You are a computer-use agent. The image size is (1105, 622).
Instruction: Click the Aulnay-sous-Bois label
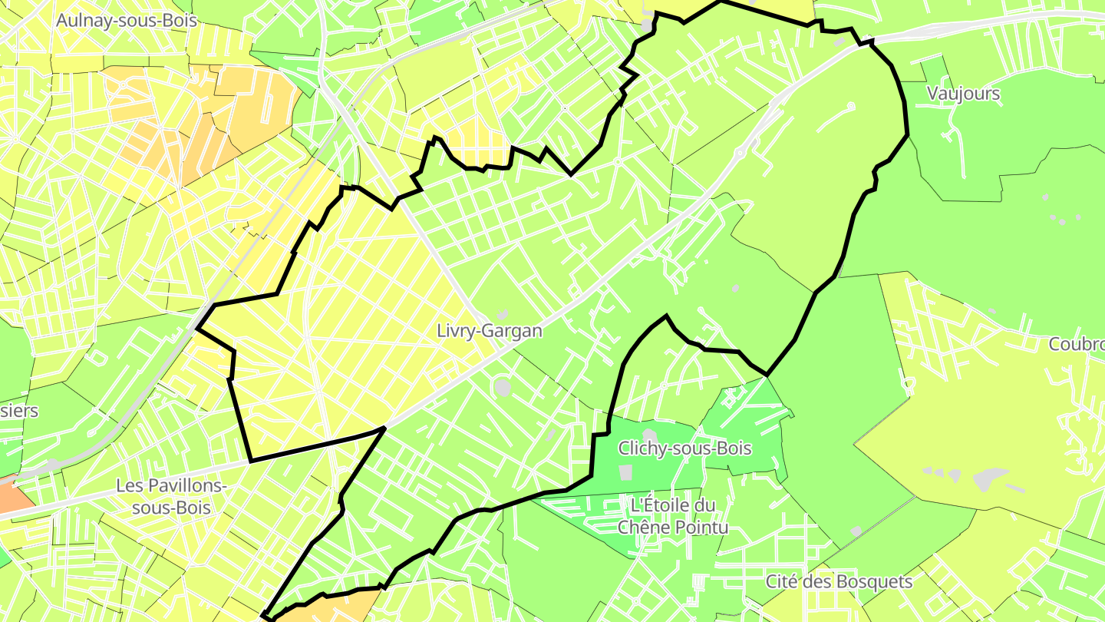[x=127, y=21]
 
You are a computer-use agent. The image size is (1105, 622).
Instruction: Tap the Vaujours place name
[x=964, y=94]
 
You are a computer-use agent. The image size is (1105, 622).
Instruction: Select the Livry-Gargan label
[x=489, y=331]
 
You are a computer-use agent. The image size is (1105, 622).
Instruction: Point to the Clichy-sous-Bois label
[x=684, y=448]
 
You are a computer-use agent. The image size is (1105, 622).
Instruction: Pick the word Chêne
[x=644, y=527]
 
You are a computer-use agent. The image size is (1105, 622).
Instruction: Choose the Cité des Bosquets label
[x=839, y=581]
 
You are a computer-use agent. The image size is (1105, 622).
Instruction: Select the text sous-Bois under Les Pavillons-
[x=171, y=508]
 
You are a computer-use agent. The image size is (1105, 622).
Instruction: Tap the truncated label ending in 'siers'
[x=18, y=411]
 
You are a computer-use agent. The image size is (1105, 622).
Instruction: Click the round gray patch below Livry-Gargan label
[x=503, y=388]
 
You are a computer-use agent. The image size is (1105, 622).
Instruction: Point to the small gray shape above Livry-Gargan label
[x=503, y=315]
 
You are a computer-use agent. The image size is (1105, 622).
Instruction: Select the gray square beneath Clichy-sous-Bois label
[x=625, y=471]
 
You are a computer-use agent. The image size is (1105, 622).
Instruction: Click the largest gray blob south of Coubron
[x=990, y=479]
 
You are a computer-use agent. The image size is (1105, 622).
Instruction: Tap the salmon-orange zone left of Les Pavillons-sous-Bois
[x=14, y=495]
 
